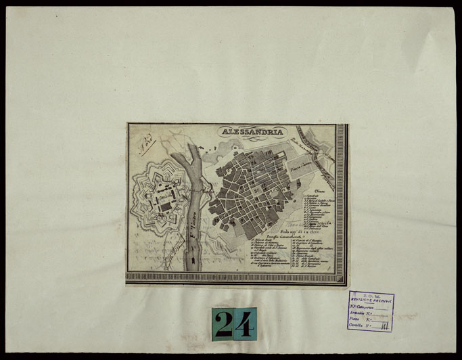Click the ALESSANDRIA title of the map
coord(252,132)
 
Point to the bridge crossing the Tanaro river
coord(197,192)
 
